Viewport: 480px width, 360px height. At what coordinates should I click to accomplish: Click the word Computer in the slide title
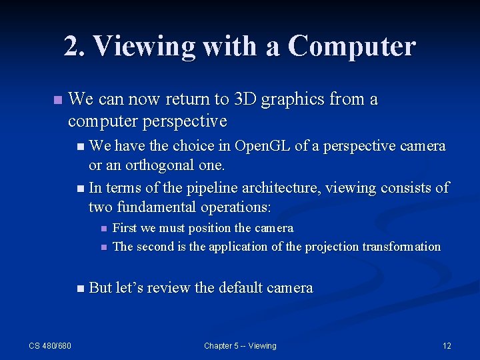352,46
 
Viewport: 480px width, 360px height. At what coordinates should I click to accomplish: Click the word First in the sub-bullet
125,228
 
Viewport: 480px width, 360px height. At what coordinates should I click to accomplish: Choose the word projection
332,247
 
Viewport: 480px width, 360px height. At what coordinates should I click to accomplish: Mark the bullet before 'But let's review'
81,289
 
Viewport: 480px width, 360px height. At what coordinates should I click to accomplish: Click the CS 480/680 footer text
50,345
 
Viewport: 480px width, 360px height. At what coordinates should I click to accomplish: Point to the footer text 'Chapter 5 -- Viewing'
240,345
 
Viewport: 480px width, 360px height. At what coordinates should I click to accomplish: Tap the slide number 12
447,345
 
